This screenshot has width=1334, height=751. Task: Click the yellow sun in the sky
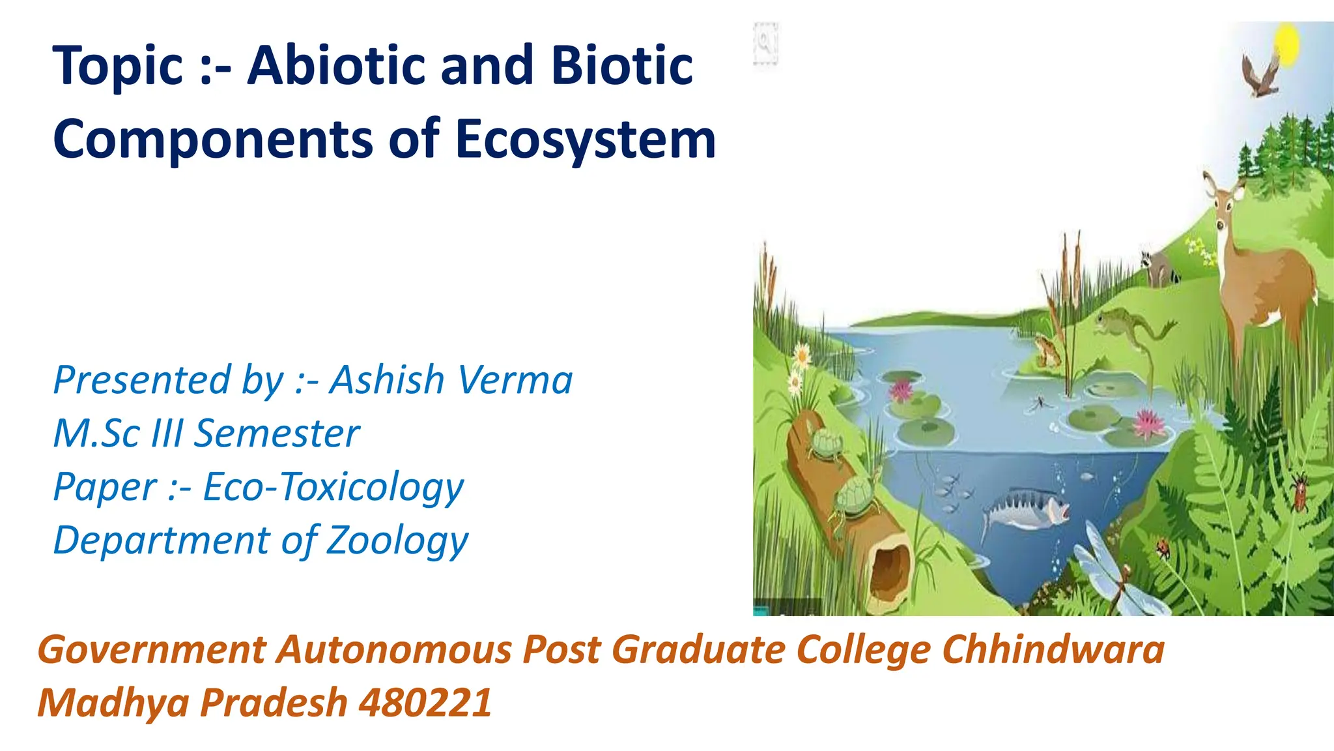pyautogui.click(x=1286, y=46)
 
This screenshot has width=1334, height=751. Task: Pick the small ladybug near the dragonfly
pyautogui.click(x=1163, y=548)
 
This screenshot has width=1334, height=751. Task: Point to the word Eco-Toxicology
pyautogui.click(x=333, y=487)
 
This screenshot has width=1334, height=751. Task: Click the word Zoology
pyautogui.click(x=397, y=540)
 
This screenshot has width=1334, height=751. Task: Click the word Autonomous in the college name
pyautogui.click(x=395, y=649)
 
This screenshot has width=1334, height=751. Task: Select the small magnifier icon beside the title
pyautogui.click(x=765, y=43)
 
